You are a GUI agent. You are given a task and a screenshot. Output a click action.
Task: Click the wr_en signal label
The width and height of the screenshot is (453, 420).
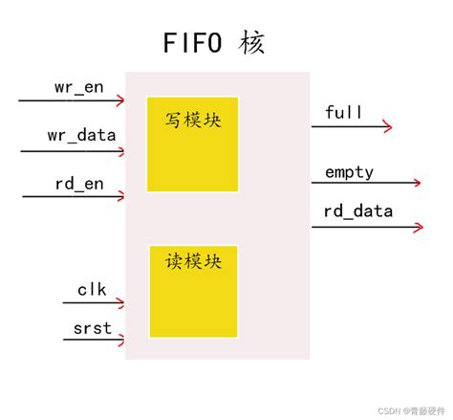[77, 87]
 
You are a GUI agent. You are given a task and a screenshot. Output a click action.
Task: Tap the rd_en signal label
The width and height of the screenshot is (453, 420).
[77, 184]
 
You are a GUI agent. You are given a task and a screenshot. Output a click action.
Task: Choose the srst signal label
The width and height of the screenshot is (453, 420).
[92, 329]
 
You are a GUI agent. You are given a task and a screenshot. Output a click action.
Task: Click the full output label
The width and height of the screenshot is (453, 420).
[343, 113]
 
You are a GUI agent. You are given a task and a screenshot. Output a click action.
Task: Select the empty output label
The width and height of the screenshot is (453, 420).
[349, 172]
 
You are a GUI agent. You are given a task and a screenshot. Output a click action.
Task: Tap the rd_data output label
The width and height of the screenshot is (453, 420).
[358, 212]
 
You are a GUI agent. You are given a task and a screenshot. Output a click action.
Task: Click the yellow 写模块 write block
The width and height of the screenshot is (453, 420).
[193, 144]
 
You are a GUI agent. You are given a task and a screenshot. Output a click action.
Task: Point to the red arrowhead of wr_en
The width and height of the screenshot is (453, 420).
[120, 99]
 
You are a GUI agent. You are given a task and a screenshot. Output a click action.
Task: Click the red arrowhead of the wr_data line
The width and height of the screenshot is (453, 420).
[120, 148]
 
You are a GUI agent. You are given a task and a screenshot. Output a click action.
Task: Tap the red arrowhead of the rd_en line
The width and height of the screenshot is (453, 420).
[120, 197]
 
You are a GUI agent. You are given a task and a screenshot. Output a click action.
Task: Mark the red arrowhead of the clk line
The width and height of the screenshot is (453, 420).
[120, 303]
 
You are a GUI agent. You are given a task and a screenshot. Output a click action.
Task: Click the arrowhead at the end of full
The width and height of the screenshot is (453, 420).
[388, 125]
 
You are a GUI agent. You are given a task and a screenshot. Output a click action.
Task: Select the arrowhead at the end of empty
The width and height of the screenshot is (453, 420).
[417, 182]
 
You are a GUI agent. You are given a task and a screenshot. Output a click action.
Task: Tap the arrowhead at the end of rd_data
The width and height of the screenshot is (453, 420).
[420, 227]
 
